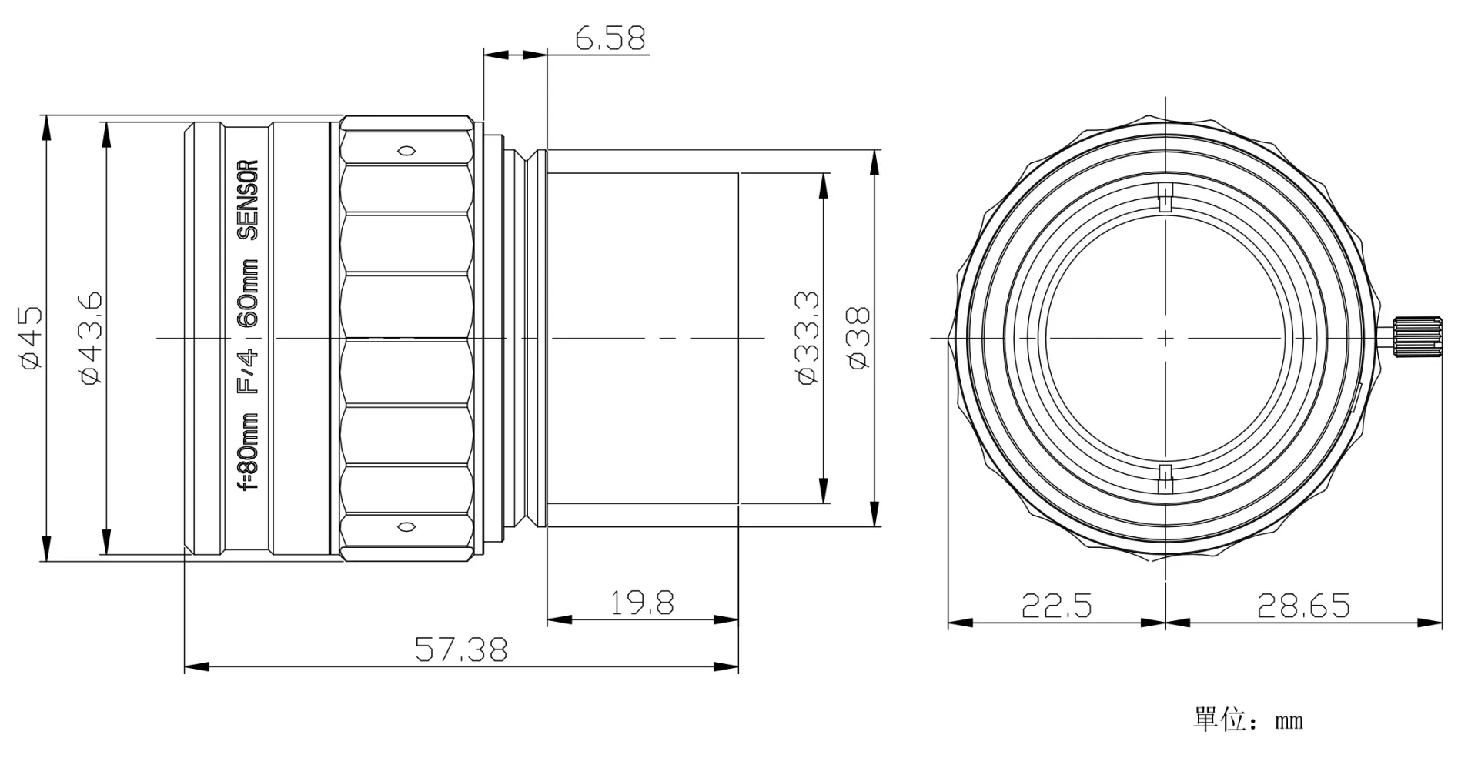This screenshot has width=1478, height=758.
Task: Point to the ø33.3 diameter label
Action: pyautogui.click(x=808, y=338)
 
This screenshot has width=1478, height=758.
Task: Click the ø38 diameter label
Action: pyautogui.click(x=859, y=338)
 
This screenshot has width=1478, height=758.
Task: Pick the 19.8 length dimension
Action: pyautogui.click(x=642, y=603)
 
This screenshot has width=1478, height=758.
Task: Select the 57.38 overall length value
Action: pyautogui.click(x=461, y=649)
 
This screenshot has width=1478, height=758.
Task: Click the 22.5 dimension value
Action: pyautogui.click(x=1056, y=606)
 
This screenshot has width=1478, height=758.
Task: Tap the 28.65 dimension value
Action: pyautogui.click(x=1303, y=606)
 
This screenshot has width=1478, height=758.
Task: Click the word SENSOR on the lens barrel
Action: pyautogui.click(x=248, y=200)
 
